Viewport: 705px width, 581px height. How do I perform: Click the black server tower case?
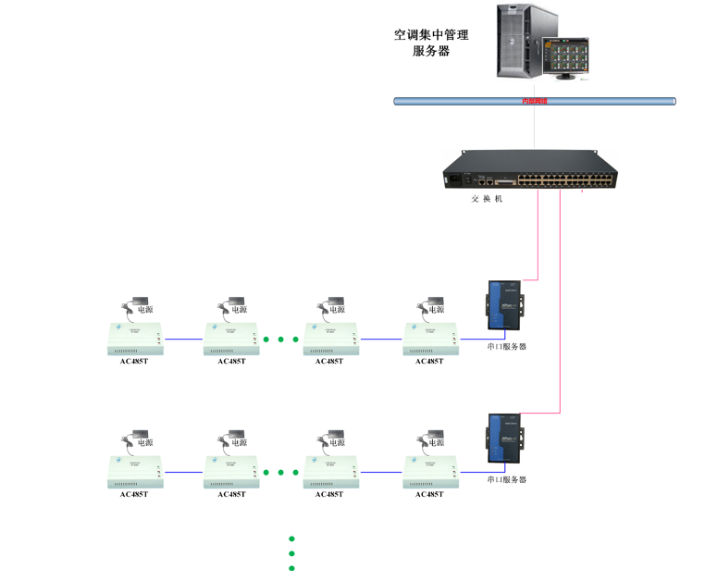click(x=524, y=42)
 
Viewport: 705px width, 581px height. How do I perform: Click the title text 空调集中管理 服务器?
click(x=431, y=43)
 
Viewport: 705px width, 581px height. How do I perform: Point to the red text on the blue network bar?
click(x=535, y=101)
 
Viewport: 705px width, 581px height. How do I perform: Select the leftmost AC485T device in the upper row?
click(x=134, y=339)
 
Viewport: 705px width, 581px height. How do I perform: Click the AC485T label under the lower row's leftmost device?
click(x=134, y=494)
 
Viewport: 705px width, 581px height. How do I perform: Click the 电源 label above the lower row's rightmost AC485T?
click(x=436, y=442)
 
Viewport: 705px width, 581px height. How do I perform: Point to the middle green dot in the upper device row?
click(x=280, y=340)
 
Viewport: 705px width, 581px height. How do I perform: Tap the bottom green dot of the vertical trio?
click(x=291, y=568)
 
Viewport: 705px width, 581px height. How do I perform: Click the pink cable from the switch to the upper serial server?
click(x=538, y=236)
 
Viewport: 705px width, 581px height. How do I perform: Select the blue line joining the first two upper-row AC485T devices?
click(x=184, y=339)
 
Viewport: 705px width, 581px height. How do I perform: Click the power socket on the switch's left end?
click(x=455, y=179)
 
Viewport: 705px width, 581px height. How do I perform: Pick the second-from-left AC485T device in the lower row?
click(x=232, y=472)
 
